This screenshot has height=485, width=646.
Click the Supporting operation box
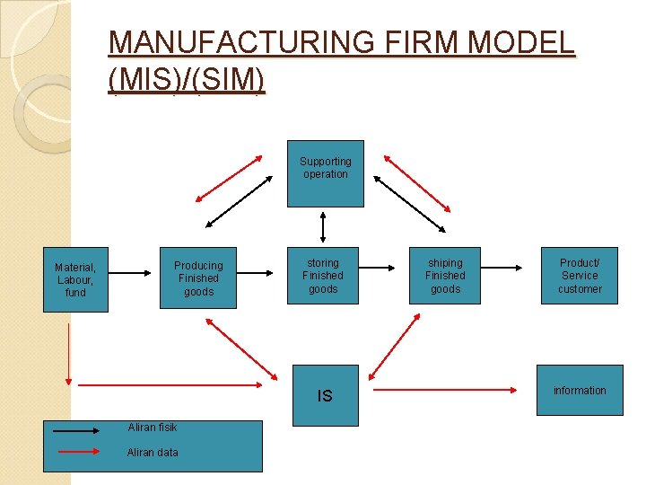(x=325, y=173)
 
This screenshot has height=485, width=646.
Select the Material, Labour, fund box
(x=75, y=279)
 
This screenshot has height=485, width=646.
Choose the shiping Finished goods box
(x=445, y=276)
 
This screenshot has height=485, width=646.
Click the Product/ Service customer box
(x=580, y=276)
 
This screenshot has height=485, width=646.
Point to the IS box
(x=324, y=395)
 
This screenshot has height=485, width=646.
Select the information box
(x=580, y=390)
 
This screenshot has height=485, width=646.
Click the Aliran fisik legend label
(x=153, y=428)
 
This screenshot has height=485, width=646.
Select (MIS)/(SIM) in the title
(x=186, y=81)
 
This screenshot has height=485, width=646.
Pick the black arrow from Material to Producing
(x=135, y=272)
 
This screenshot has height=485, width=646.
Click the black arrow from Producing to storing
(x=261, y=272)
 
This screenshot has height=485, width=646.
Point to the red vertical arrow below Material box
(x=68, y=355)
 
